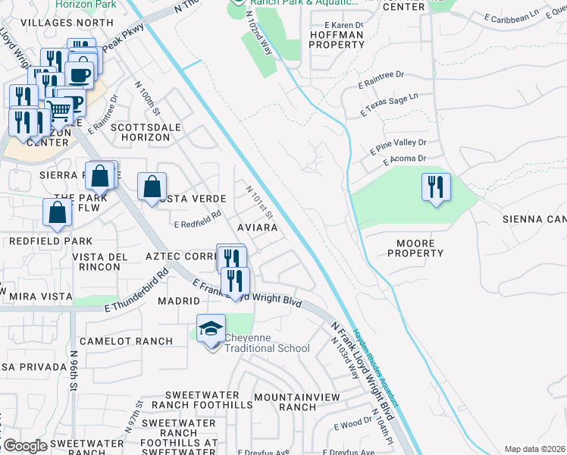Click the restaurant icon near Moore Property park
tap(436, 187)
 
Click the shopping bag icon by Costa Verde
tap(152, 187)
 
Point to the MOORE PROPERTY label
tap(415, 248)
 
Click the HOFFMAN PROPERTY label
tap(337, 39)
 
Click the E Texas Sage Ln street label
tap(390, 105)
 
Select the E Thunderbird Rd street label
tap(136, 292)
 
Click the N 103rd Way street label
tap(345, 356)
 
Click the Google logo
tap(25, 446)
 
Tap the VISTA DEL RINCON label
tap(100, 262)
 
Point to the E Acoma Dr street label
tap(405, 159)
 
